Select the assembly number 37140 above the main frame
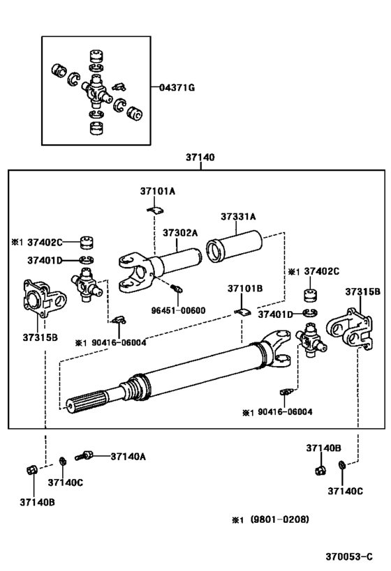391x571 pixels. point(200,158)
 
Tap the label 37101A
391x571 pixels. point(157,191)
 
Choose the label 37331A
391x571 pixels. point(238,217)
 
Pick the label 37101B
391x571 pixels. point(244,288)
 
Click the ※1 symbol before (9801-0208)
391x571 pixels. point(237,520)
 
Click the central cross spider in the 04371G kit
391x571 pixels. point(96,88)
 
